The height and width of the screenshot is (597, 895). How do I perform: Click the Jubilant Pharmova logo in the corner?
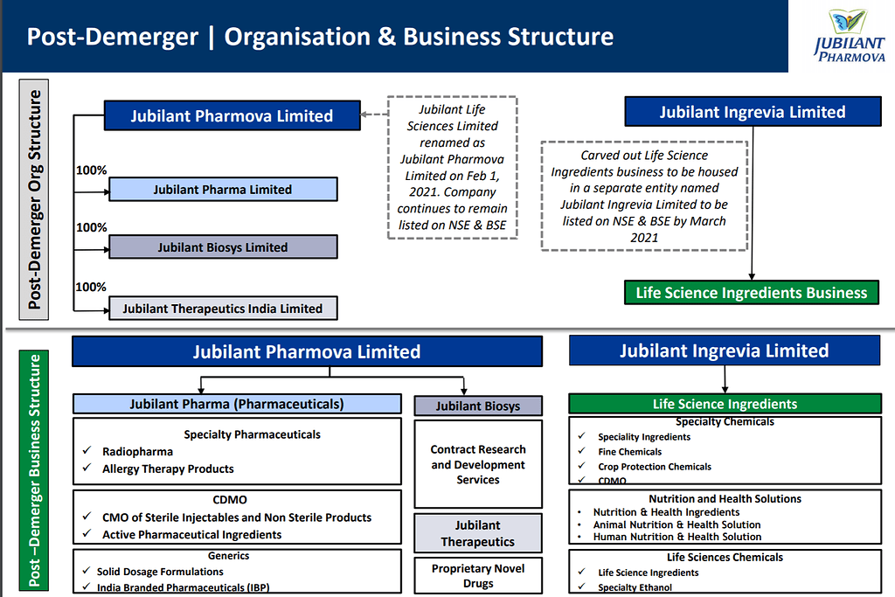(841, 37)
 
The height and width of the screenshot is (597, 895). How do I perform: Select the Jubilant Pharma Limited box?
(223, 190)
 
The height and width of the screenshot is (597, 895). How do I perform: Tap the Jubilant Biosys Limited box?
(223, 247)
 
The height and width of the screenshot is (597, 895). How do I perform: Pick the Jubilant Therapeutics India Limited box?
(223, 309)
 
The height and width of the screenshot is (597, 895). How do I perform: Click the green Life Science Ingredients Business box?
(752, 293)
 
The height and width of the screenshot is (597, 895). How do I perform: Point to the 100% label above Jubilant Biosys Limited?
(91, 228)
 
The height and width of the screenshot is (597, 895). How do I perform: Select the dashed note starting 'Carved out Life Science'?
(644, 196)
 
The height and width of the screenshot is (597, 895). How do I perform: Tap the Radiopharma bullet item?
(137, 452)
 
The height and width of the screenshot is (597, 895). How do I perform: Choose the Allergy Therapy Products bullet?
(168, 469)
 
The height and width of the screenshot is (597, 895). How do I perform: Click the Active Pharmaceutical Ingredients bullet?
(191, 534)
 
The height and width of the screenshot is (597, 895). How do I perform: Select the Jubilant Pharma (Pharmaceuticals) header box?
(237, 404)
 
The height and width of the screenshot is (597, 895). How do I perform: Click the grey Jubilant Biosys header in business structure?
(478, 406)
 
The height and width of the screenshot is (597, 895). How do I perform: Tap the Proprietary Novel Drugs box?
(478, 575)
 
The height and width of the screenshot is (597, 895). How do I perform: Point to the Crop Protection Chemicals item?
(654, 467)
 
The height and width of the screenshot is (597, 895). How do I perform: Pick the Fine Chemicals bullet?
(629, 452)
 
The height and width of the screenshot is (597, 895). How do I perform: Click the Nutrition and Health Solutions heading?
(725, 498)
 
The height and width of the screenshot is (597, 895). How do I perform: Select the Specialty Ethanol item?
(635, 588)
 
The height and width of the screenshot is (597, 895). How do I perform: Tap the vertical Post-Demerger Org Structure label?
(35, 199)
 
